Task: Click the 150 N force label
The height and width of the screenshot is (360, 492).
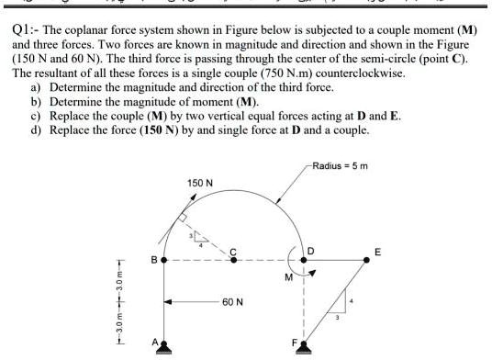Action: pos(200,184)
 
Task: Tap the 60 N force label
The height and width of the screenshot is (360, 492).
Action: pos(232,301)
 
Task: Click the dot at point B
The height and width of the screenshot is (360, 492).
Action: pos(164,260)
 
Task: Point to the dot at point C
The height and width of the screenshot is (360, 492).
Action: pos(233,260)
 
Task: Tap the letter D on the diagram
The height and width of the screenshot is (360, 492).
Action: pos(311,250)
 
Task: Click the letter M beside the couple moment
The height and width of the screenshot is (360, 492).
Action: pos(288,276)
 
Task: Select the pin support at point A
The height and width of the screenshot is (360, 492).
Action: pos(164,345)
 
